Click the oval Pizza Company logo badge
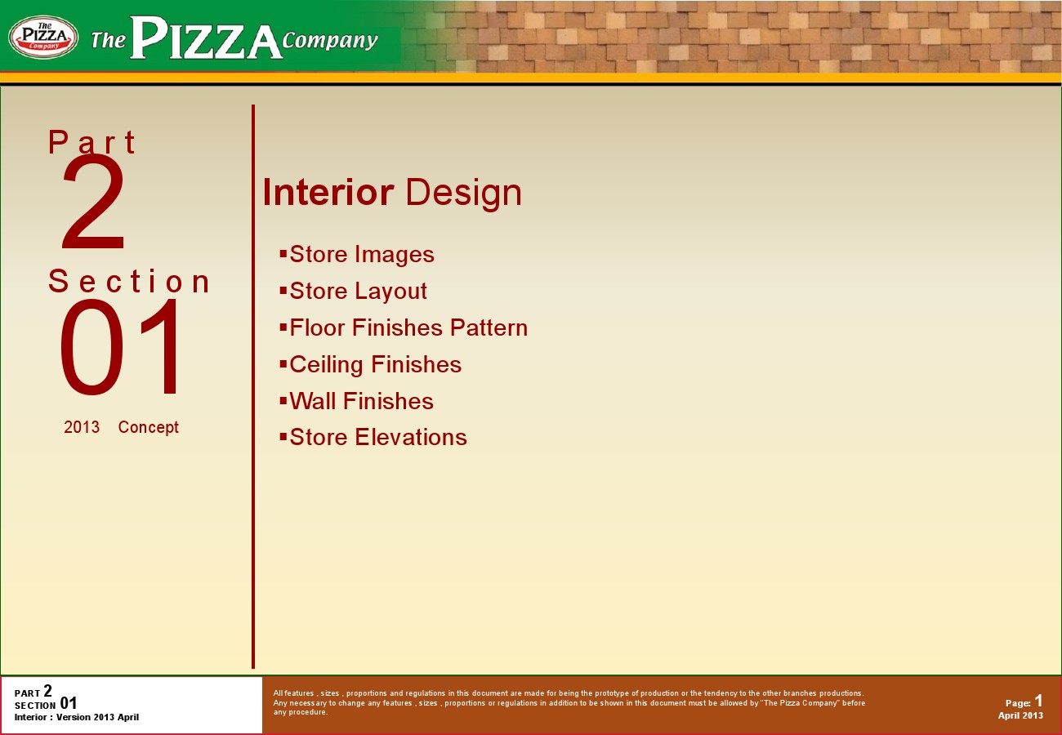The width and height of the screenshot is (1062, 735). click(x=43, y=37)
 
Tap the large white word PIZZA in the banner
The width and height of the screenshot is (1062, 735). click(x=206, y=38)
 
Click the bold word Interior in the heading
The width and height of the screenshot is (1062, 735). click(x=328, y=192)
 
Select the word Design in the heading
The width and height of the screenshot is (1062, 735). click(x=464, y=194)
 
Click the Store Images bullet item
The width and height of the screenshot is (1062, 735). click(x=357, y=255)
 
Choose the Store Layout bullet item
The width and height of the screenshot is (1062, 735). click(x=354, y=291)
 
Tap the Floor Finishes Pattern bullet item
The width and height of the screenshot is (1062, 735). click(x=404, y=327)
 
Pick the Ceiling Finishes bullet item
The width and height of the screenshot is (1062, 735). click(x=371, y=364)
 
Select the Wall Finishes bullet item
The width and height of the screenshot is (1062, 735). click(x=357, y=401)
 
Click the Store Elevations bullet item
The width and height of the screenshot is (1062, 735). click(x=373, y=437)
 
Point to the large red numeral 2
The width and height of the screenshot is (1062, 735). click(x=93, y=203)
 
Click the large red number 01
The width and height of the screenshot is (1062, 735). click(x=119, y=347)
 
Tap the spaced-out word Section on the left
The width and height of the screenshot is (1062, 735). click(x=129, y=281)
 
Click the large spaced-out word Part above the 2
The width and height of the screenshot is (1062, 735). click(x=92, y=142)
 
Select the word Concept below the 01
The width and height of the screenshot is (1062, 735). click(x=149, y=427)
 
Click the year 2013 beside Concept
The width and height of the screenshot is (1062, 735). click(x=82, y=427)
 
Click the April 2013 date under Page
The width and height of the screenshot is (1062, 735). click(x=1020, y=715)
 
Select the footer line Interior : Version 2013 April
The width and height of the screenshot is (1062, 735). click(x=77, y=717)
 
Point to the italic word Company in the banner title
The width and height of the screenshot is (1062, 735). click(x=331, y=41)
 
